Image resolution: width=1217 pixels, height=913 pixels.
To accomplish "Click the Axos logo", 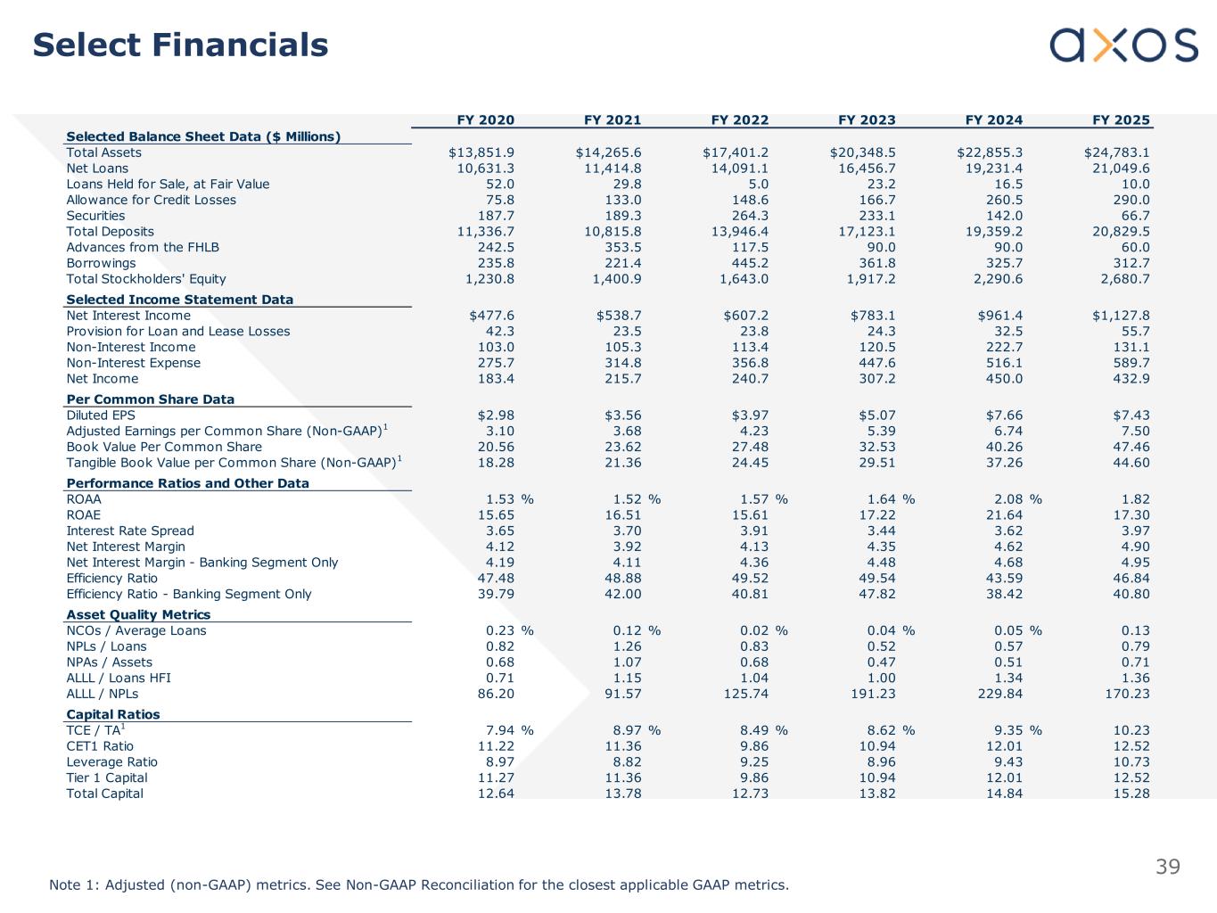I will (1123, 45).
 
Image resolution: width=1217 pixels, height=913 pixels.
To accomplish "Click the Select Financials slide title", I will (180, 45).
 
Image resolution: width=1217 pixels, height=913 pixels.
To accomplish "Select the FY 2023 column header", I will (867, 119).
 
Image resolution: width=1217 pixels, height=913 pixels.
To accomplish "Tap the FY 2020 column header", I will (485, 119).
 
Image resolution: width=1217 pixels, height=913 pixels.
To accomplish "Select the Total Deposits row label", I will (110, 232).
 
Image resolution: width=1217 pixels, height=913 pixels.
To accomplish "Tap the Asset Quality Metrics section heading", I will (138, 614).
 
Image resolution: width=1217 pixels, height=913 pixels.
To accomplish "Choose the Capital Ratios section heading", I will (113, 714).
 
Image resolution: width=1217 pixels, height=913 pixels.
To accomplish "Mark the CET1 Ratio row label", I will (100, 746).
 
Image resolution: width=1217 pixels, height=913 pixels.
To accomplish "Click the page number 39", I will (1168, 867).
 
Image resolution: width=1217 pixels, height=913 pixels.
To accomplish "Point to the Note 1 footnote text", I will (419, 885).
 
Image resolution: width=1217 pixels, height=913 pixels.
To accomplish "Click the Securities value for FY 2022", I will (750, 216).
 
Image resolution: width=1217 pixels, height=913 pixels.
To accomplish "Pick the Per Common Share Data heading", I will (150, 399).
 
